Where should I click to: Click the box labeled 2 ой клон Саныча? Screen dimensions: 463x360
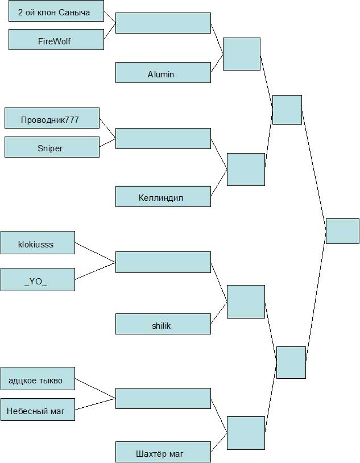click(x=56, y=11)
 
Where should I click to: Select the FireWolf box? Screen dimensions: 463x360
click(x=56, y=40)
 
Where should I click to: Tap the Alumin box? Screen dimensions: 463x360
click(x=163, y=73)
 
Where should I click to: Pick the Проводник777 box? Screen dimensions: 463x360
click(x=51, y=119)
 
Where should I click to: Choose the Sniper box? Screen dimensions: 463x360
click(x=51, y=147)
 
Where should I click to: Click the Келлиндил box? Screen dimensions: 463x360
click(x=163, y=197)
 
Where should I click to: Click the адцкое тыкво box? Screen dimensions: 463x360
click(x=38, y=379)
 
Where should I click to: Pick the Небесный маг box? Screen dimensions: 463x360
click(x=38, y=410)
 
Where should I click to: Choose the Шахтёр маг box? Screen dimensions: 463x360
click(x=163, y=453)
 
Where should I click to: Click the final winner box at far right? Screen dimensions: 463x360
click(x=342, y=231)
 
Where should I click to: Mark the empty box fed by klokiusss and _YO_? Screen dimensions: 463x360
click(x=163, y=262)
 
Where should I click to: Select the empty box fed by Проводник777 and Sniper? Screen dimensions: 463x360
click(x=163, y=139)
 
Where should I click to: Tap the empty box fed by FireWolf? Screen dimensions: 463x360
click(x=163, y=23)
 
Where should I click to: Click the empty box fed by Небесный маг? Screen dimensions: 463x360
click(x=163, y=398)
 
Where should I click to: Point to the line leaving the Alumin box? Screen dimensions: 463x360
click(x=217, y=64)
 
